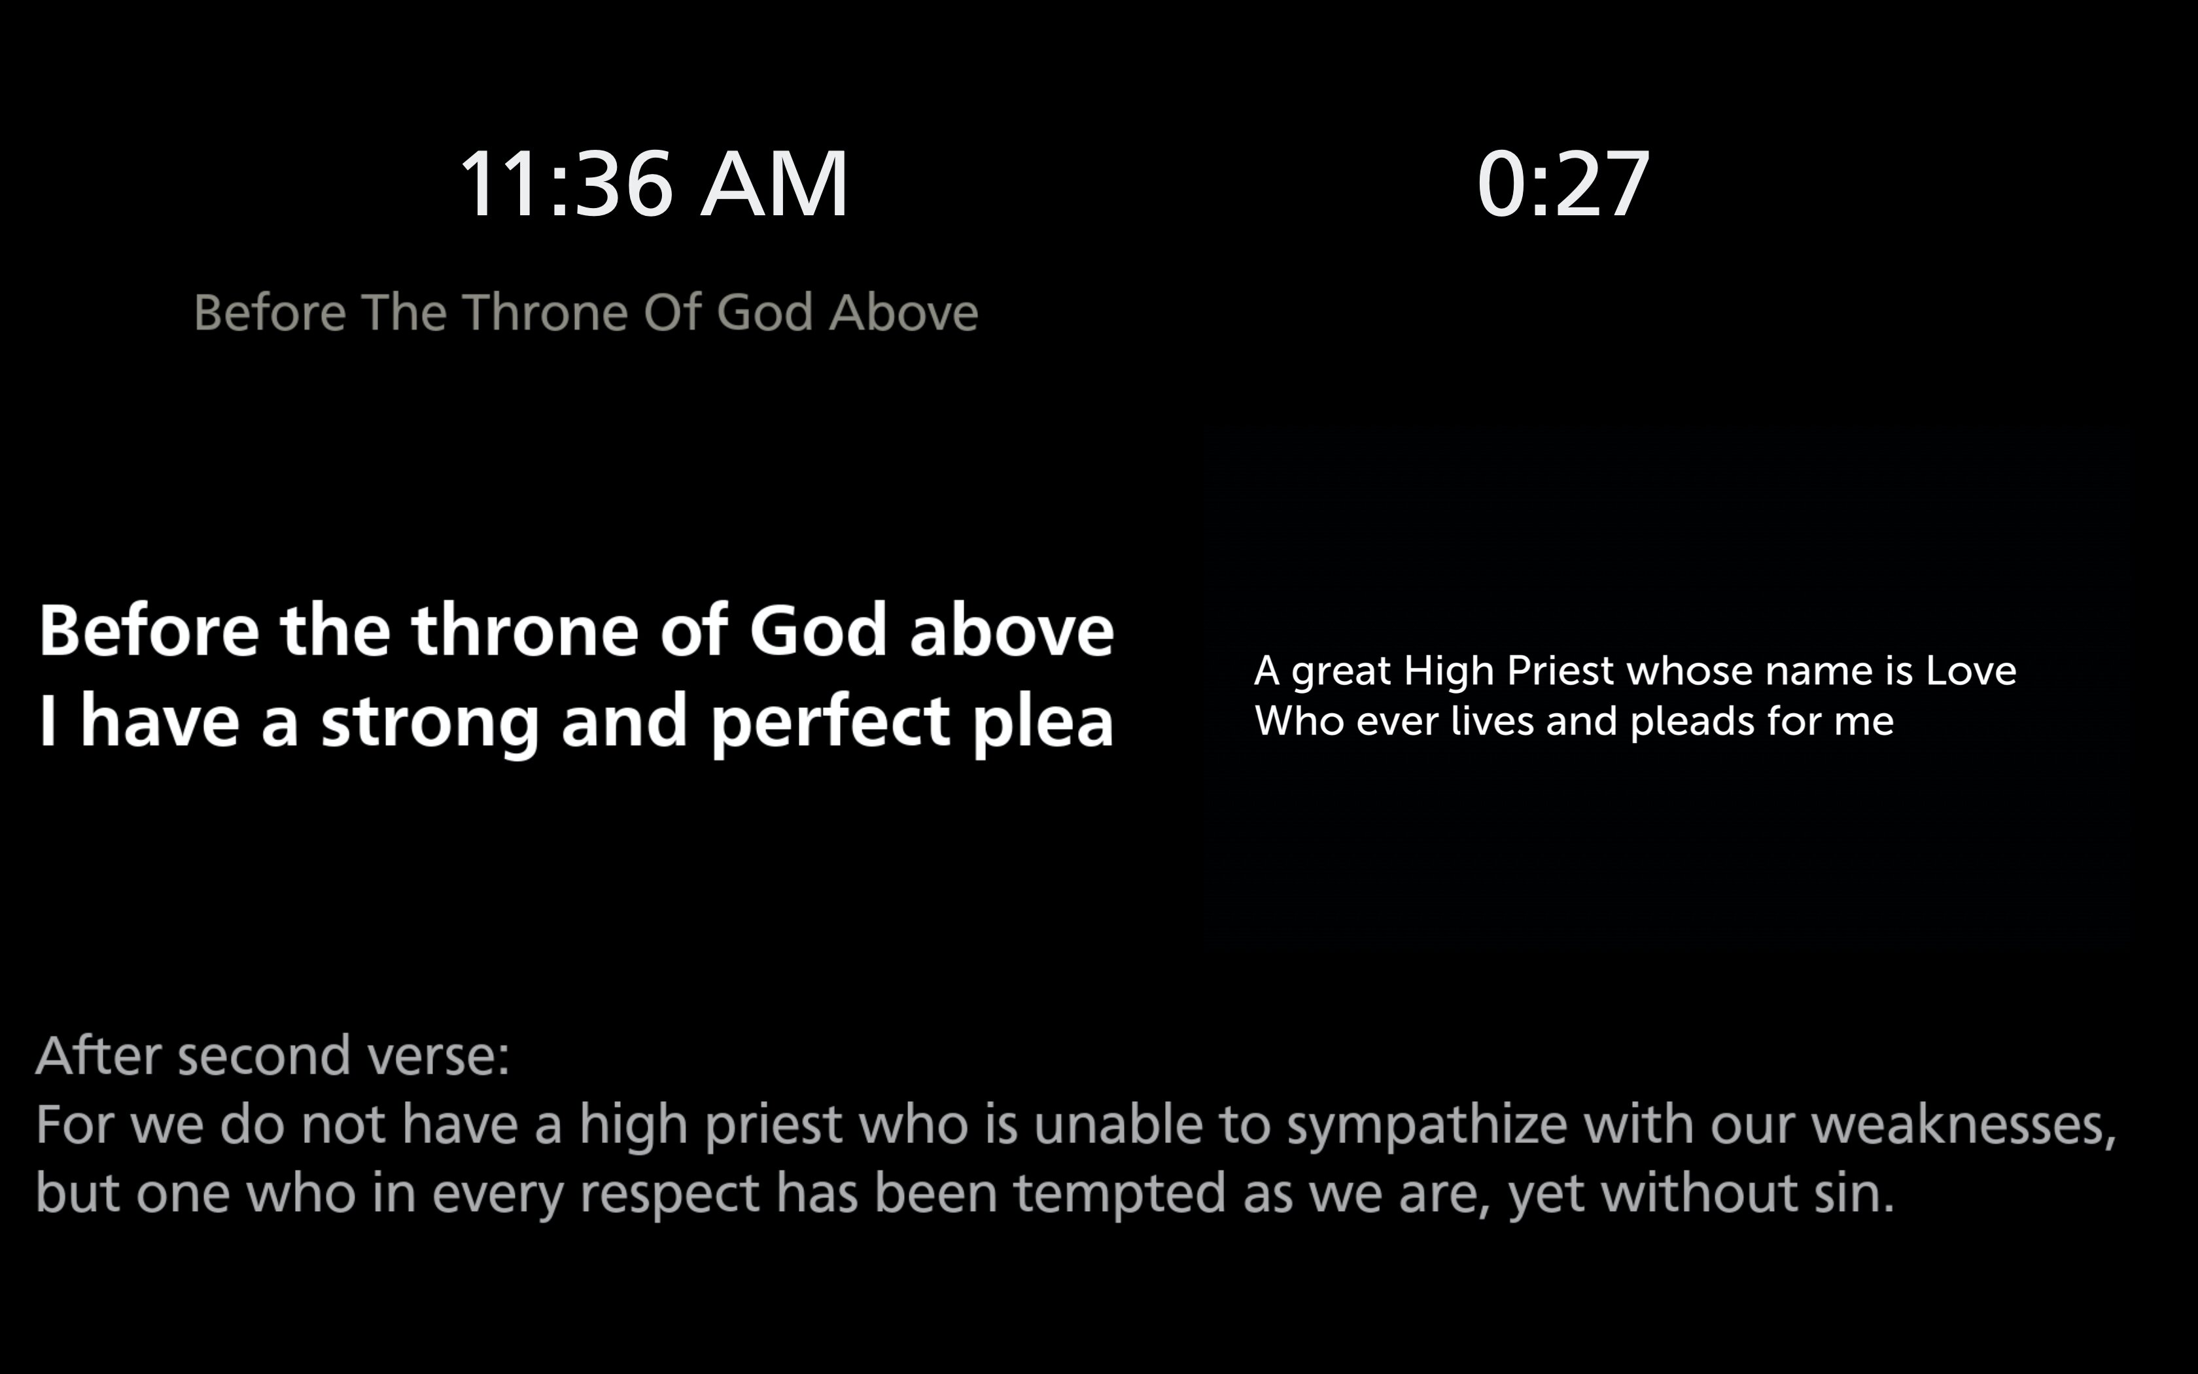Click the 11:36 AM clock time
pyautogui.click(x=654, y=184)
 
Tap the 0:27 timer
pyautogui.click(x=1563, y=184)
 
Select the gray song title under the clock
pyautogui.click(x=586, y=313)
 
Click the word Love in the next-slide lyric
pyautogui.click(x=1971, y=671)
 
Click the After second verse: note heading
pyautogui.click(x=273, y=1056)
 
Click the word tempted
pyautogui.click(x=1120, y=1194)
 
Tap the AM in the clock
pyautogui.click(x=775, y=184)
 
